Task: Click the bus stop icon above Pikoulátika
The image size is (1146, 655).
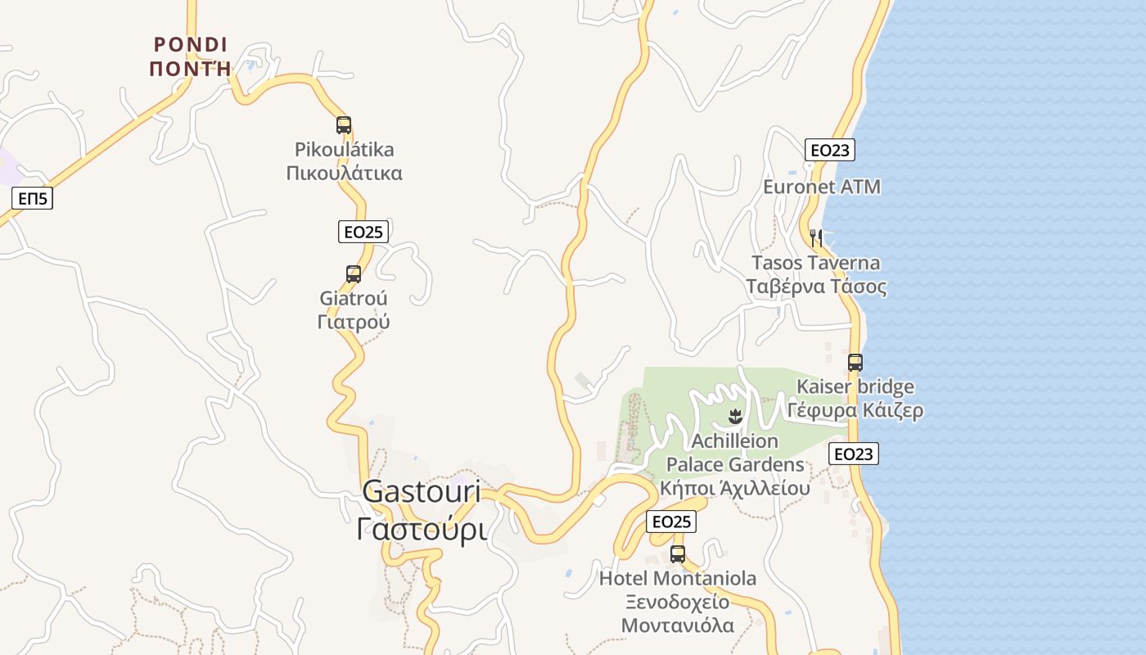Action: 344,125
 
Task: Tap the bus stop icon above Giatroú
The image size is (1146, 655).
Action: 354,274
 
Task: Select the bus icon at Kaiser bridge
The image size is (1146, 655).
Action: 855,362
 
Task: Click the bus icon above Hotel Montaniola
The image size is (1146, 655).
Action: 678,553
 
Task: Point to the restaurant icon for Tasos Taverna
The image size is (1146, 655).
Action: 815,238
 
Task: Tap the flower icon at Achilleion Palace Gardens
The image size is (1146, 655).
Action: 735,417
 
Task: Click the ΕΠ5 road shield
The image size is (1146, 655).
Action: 33,198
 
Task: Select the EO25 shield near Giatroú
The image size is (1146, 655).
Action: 363,232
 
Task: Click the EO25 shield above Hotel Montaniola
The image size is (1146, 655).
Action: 671,522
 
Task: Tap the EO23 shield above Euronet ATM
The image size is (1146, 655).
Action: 830,150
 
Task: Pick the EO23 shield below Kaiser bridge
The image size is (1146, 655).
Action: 854,454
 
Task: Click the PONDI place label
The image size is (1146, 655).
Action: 191,44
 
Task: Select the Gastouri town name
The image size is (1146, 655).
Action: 421,491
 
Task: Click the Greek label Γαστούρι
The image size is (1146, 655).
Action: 422,530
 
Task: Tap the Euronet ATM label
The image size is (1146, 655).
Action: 822,187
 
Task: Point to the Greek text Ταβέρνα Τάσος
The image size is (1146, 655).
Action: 816,287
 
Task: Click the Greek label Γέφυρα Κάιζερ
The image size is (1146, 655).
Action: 855,410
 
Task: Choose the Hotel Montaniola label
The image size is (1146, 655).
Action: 678,579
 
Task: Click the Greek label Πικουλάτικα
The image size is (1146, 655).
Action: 344,174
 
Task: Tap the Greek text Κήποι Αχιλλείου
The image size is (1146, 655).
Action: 735,489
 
